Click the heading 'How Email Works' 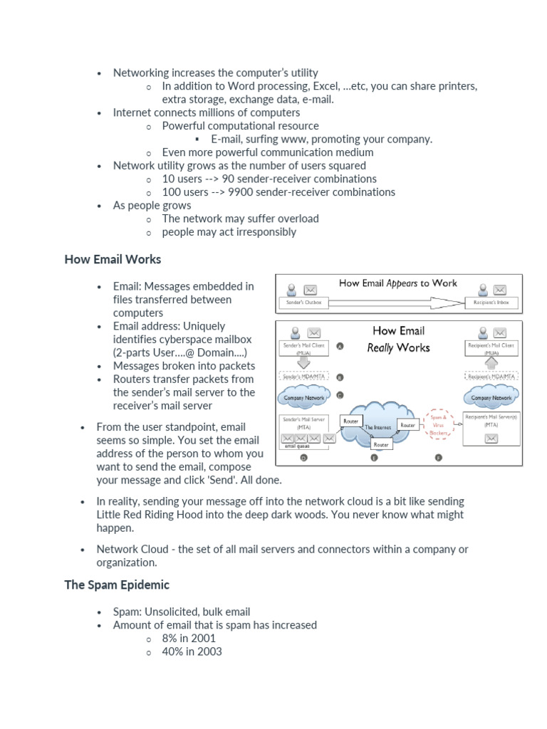[x=113, y=259]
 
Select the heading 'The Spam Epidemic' [x=117, y=584]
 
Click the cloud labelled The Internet [x=377, y=425]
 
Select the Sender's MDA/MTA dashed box [x=303, y=377]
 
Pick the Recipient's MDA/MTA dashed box [x=491, y=376]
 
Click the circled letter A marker [x=340, y=347]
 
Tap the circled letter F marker [x=438, y=458]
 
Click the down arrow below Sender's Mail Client [x=303, y=362]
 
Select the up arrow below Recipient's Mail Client [x=491, y=362]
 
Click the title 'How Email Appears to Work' [x=398, y=283]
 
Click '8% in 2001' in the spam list [x=189, y=639]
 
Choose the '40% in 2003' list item [x=192, y=651]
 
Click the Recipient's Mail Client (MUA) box [x=491, y=347]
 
